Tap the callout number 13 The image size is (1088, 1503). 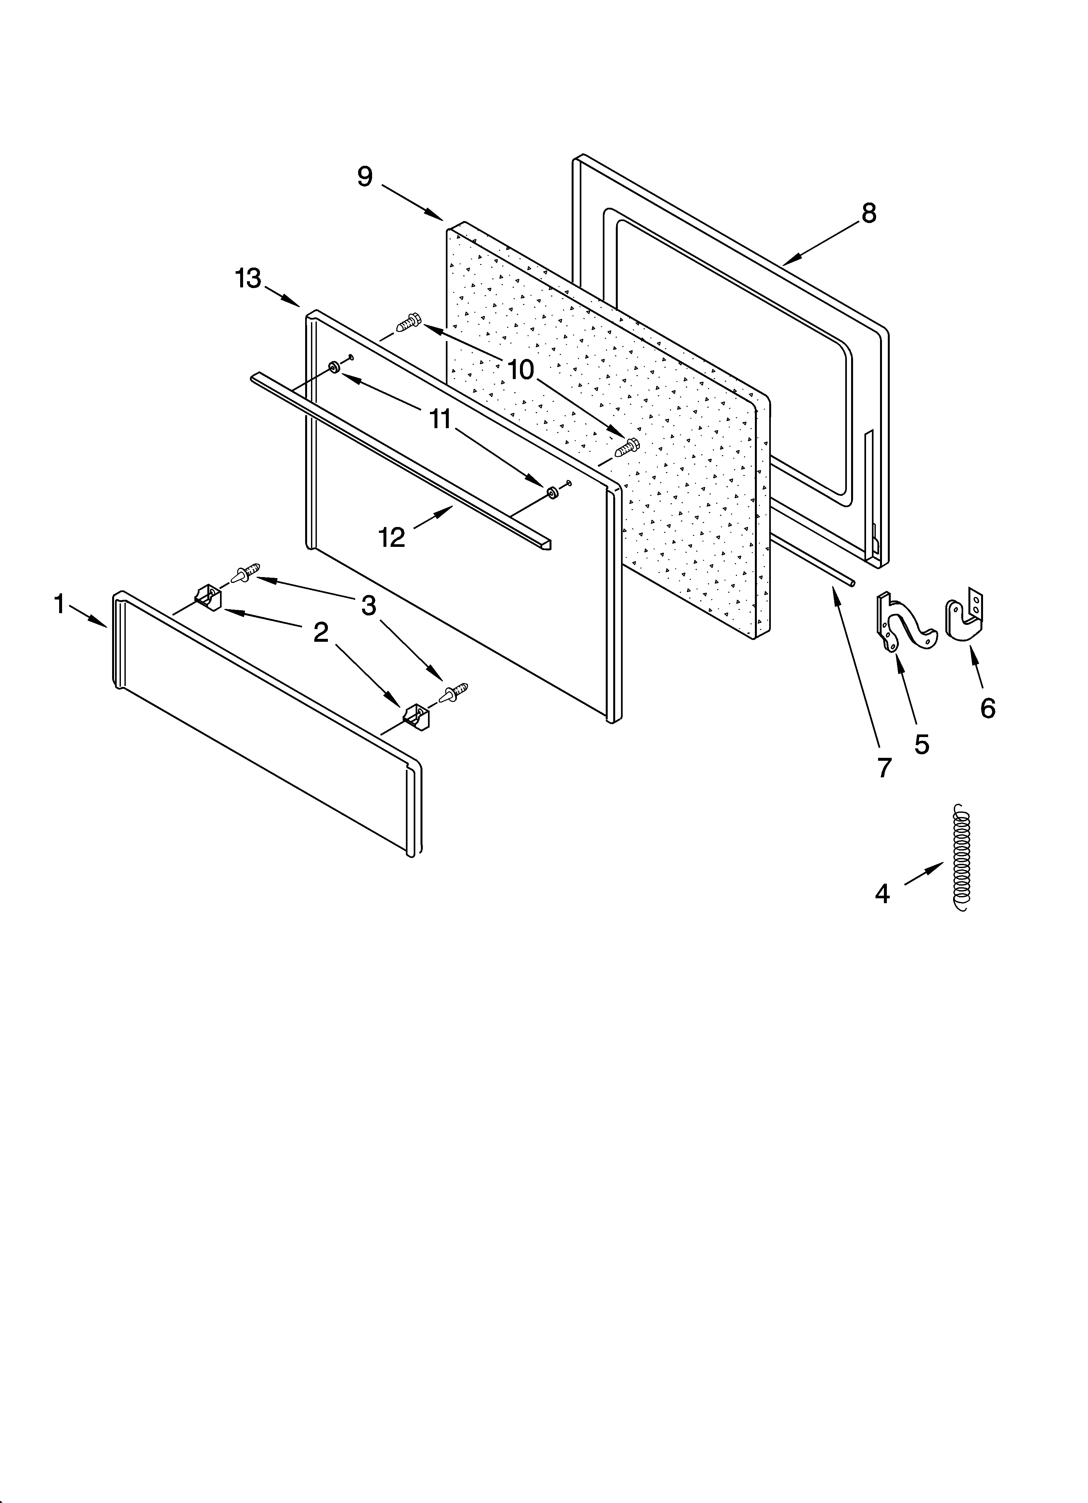click(249, 279)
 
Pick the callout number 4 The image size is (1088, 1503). click(882, 894)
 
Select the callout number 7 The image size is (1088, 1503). click(884, 767)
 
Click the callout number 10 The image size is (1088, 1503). click(522, 370)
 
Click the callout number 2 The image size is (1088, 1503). click(321, 633)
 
